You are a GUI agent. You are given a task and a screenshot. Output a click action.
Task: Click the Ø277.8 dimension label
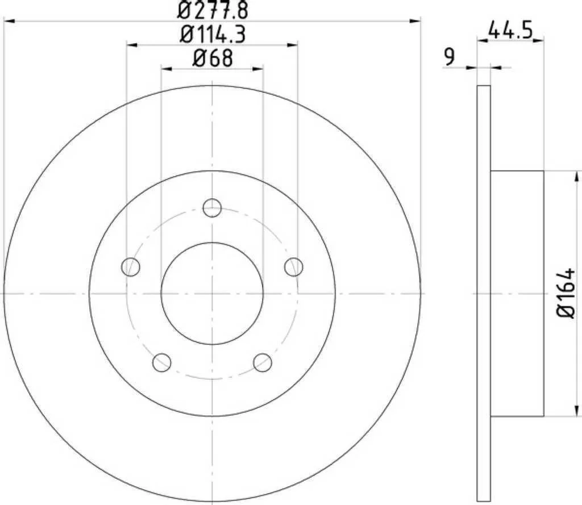[x=213, y=10]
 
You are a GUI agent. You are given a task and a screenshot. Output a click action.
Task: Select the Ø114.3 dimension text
[x=213, y=35]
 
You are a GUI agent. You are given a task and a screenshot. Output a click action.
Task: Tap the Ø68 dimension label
[x=213, y=59]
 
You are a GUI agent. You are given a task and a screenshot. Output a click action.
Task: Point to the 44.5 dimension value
[x=510, y=31]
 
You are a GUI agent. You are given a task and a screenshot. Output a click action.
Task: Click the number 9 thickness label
[x=449, y=57]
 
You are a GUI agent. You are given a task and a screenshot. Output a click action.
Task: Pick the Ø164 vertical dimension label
[x=566, y=293]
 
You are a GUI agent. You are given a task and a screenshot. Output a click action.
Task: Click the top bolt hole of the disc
[x=213, y=208]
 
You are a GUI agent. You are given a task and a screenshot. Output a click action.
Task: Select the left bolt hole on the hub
[x=131, y=267]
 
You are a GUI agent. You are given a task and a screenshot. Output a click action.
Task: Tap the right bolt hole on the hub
[x=294, y=267]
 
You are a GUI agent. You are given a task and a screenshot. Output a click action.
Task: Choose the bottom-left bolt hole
[x=162, y=362]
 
